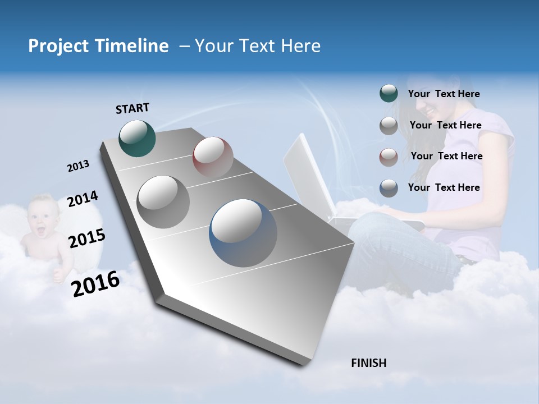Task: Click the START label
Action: (x=133, y=108)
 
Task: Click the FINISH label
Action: (x=368, y=363)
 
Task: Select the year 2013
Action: (x=78, y=166)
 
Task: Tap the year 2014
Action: (x=83, y=199)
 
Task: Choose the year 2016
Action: (x=95, y=283)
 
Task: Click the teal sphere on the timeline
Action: (x=137, y=138)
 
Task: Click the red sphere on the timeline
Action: (x=213, y=157)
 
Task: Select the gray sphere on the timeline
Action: (x=163, y=201)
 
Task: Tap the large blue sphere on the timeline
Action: (x=243, y=233)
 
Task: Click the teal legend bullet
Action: (x=389, y=94)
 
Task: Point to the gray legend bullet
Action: (x=389, y=126)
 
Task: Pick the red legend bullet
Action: (x=389, y=157)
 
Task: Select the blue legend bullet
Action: (x=389, y=188)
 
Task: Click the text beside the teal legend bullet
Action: (x=444, y=94)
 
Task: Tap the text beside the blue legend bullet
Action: (x=444, y=187)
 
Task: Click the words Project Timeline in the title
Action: (x=98, y=46)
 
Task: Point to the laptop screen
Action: (x=309, y=174)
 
